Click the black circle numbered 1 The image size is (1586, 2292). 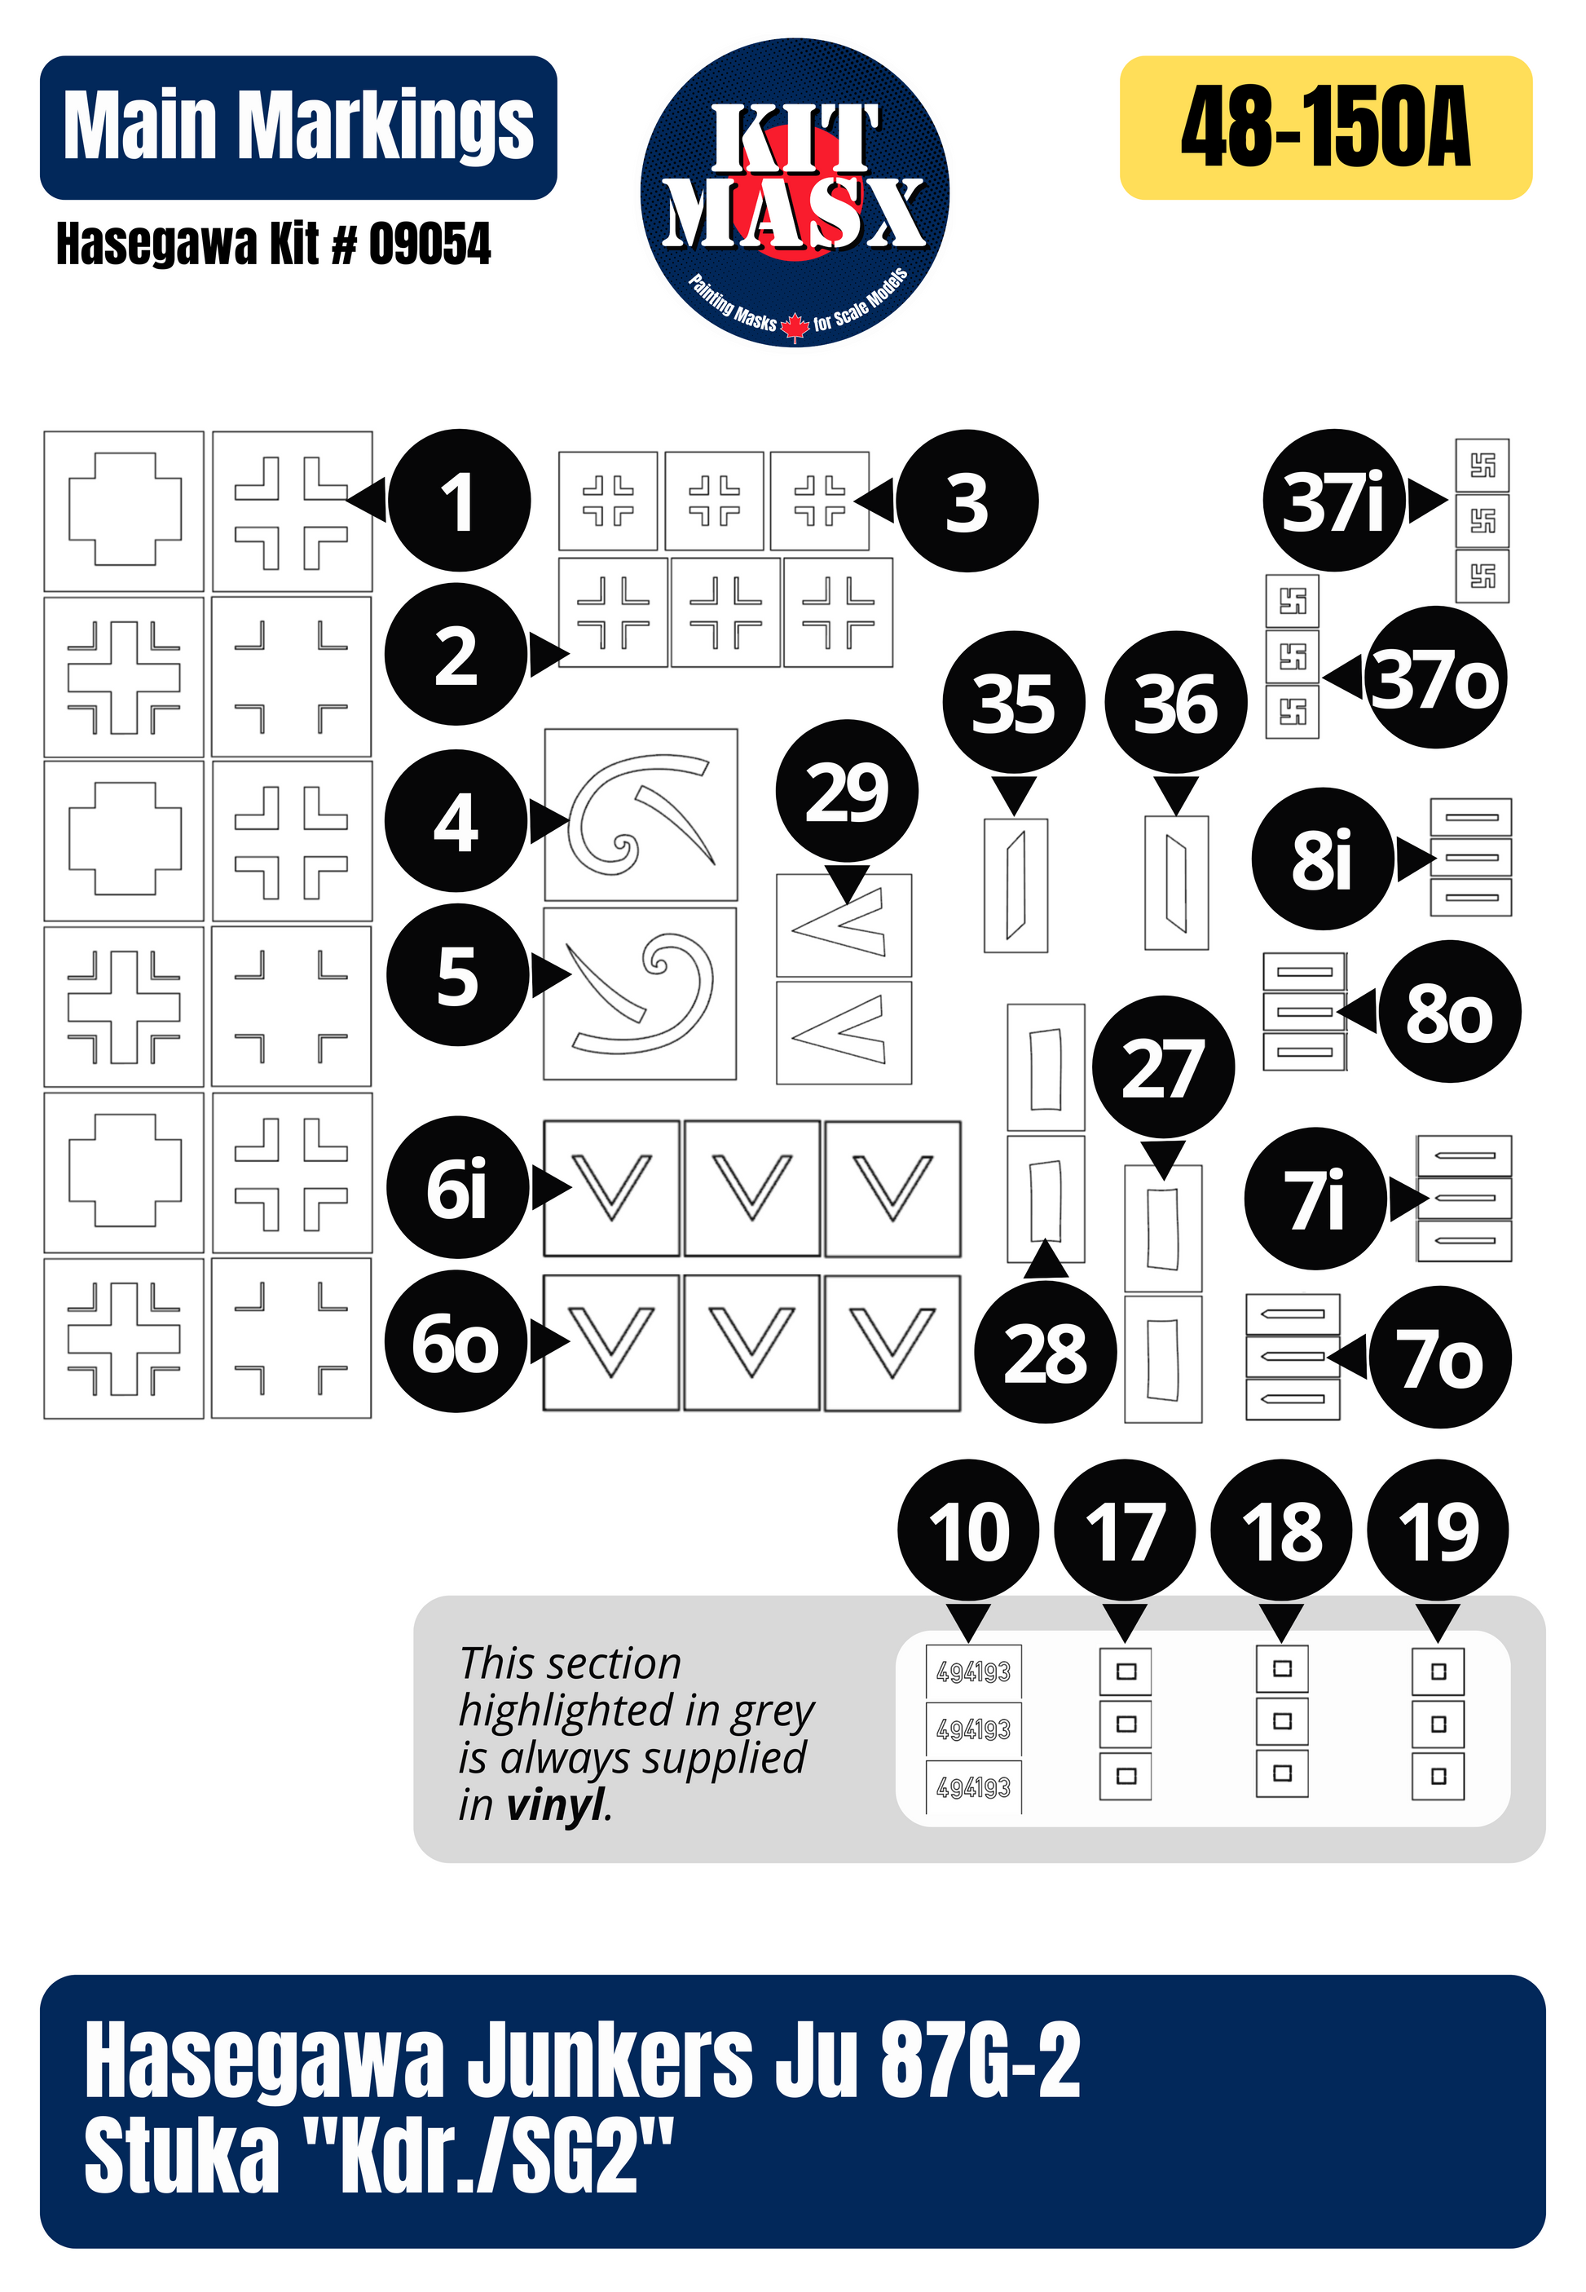point(458,500)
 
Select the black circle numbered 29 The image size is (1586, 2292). point(847,790)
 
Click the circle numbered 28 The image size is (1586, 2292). point(1046,1352)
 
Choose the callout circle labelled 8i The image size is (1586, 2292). point(1322,859)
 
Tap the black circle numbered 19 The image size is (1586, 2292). point(1438,1530)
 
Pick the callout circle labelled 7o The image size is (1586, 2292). point(1440,1358)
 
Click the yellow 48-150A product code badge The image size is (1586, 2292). point(1326,127)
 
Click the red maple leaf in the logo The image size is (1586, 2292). point(795,325)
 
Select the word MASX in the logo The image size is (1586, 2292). point(795,213)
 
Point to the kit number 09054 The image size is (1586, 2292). point(430,245)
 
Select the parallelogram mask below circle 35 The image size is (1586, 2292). point(1015,885)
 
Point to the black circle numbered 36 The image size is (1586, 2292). point(1175,702)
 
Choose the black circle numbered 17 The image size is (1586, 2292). point(1125,1530)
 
